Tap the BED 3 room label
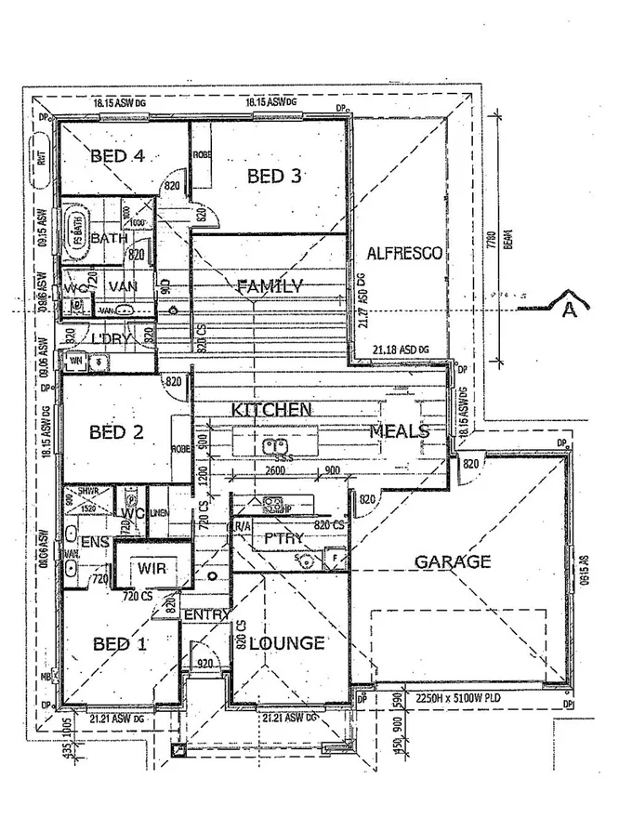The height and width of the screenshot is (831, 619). [x=275, y=176]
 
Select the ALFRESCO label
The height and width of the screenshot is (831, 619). [x=404, y=253]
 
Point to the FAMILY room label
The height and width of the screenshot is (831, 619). [x=270, y=286]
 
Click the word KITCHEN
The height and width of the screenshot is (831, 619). [x=271, y=409]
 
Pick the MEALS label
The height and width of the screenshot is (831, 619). [x=400, y=431]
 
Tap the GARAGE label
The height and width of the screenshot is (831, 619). [x=452, y=561]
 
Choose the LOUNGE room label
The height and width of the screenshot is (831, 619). [x=287, y=643]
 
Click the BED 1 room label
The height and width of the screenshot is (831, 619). [x=121, y=644]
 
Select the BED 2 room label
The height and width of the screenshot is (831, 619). [x=116, y=432]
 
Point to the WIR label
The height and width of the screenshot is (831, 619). [x=151, y=567]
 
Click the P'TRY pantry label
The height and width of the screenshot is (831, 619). [x=284, y=538]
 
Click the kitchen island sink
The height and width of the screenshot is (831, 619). [x=273, y=444]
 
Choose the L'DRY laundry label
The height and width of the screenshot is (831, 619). [x=109, y=338]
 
